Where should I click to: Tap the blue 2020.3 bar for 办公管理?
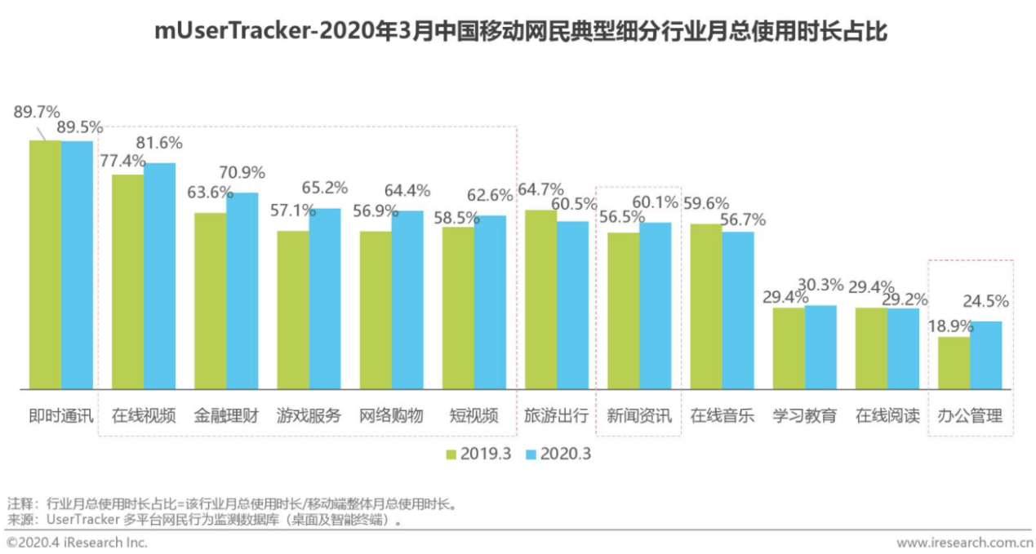coord(985,355)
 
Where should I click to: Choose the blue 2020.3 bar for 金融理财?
coord(242,290)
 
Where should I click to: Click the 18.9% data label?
coord(949,325)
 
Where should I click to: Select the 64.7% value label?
coord(541,191)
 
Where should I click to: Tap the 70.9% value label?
coord(243,173)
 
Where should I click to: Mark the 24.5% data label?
coord(986,301)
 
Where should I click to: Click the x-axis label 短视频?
coord(474,415)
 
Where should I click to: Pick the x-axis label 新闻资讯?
coord(638,415)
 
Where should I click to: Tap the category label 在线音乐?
coord(722,415)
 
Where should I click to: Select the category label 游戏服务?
coord(309,415)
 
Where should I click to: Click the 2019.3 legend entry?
coord(478,454)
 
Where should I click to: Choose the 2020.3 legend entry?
coord(558,454)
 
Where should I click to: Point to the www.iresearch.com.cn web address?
coord(964,542)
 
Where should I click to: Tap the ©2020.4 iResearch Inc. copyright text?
coord(78,542)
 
